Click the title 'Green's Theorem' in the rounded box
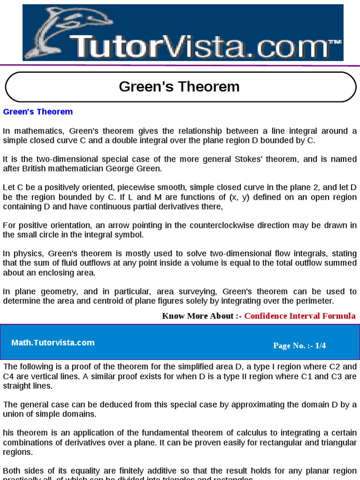click(180, 87)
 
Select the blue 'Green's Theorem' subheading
click(38, 112)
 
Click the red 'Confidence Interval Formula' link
click(300, 316)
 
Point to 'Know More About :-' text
click(202, 316)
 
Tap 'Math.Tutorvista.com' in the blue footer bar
click(53, 343)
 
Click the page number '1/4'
click(320, 346)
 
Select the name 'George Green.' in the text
click(139, 169)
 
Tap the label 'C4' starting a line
click(9, 376)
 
